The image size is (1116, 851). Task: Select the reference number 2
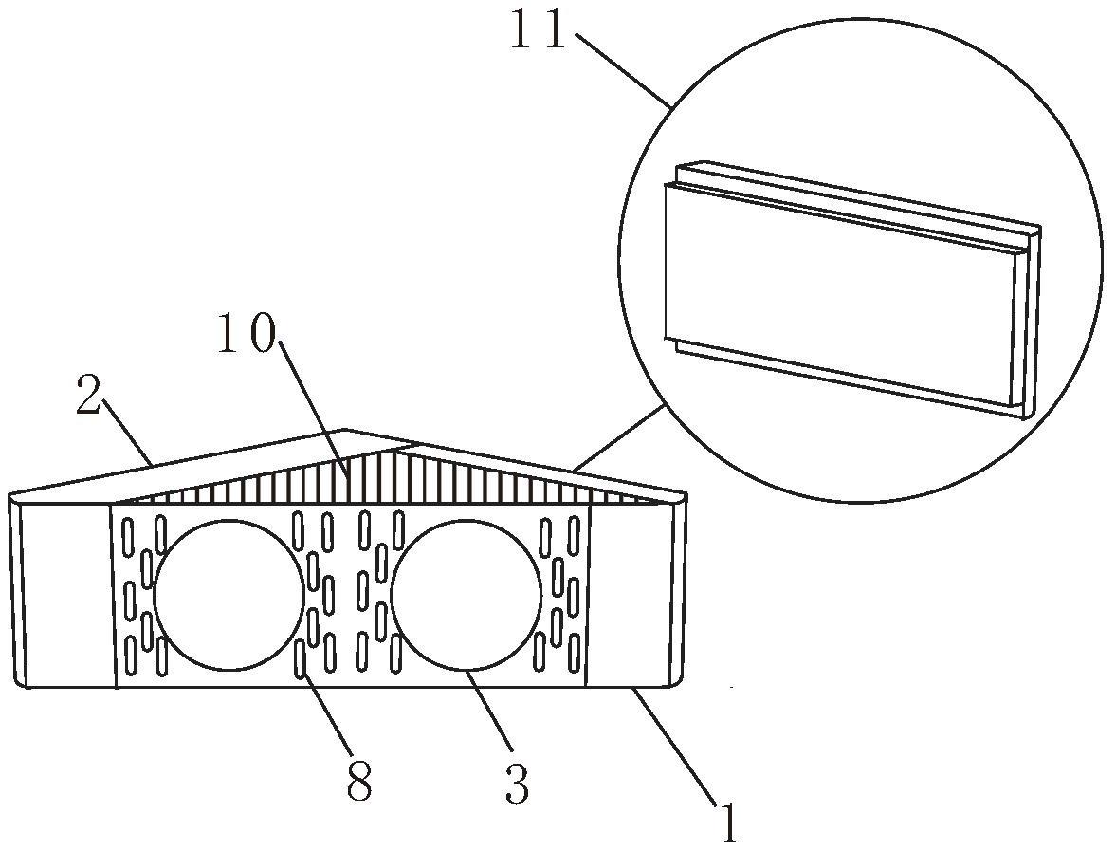pos(88,398)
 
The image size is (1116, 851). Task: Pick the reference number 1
pos(728,823)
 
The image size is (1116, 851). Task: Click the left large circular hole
pos(229,595)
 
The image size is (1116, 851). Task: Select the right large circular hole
pos(466,595)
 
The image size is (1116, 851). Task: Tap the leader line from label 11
pos(624,69)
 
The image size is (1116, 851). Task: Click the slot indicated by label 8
pos(302,657)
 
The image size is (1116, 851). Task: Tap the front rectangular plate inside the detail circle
pos(839,295)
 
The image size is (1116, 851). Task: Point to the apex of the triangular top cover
pos(346,430)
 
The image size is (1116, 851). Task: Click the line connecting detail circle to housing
pos(618,438)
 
